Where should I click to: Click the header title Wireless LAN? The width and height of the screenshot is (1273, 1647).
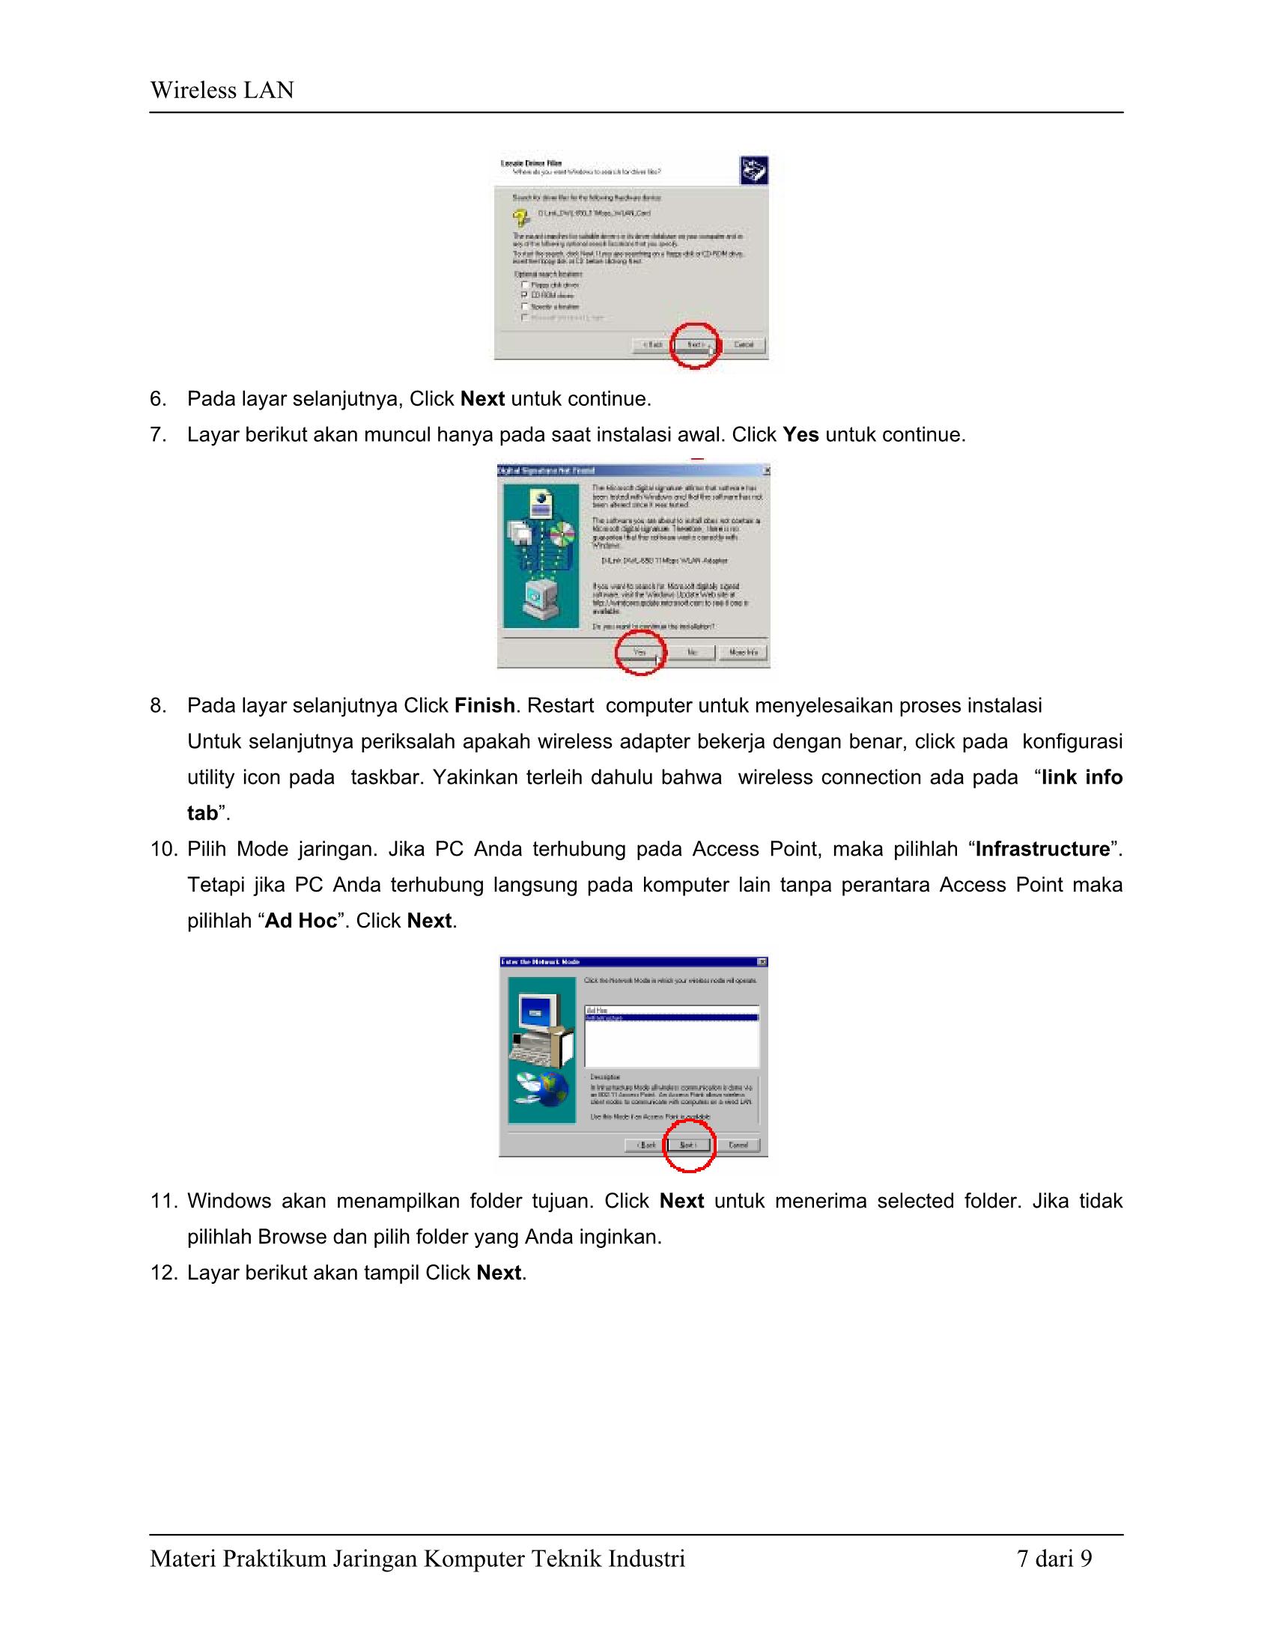click(x=222, y=91)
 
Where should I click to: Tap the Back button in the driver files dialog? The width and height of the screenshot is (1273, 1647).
click(x=652, y=344)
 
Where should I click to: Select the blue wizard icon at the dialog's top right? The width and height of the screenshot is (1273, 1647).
click(x=753, y=171)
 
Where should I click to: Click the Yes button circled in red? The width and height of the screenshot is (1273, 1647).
click(x=639, y=652)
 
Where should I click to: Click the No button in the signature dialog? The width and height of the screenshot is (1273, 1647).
click(x=693, y=652)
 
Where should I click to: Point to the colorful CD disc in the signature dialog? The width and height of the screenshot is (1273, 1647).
click(x=561, y=535)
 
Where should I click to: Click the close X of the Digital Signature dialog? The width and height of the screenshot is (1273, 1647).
click(x=766, y=471)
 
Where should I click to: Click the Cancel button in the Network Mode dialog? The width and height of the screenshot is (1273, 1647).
click(x=738, y=1145)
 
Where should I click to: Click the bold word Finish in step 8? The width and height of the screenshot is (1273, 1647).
click(x=484, y=706)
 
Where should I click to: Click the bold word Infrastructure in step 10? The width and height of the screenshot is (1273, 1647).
click(x=1042, y=849)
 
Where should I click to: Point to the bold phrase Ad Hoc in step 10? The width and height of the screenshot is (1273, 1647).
click(x=301, y=921)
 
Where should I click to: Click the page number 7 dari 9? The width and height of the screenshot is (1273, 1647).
click(x=1054, y=1559)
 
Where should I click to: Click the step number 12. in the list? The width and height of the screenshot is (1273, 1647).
click(x=163, y=1273)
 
